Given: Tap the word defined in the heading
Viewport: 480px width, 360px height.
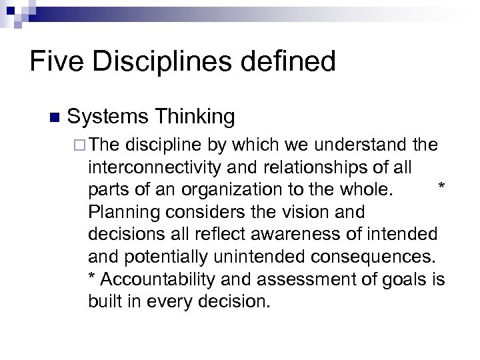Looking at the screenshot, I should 290,62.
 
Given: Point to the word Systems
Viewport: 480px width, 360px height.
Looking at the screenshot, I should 107,117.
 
